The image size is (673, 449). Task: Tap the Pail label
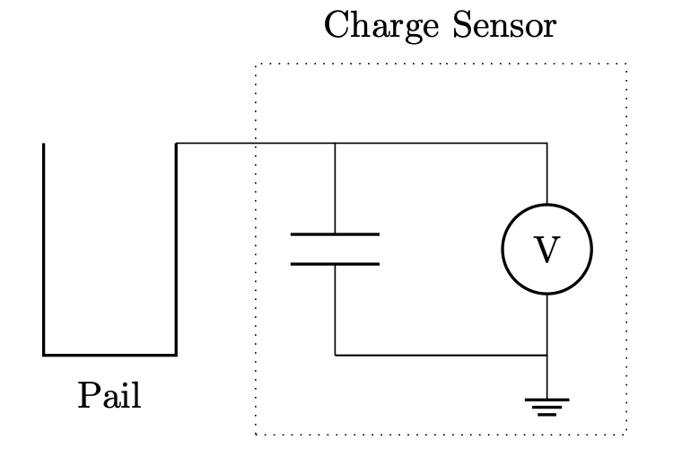[x=109, y=395]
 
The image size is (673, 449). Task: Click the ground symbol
[x=546, y=407]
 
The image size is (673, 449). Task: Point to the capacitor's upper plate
[x=335, y=234]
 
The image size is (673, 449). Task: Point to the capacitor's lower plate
[x=335, y=264]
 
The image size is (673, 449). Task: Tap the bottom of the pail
[x=109, y=355]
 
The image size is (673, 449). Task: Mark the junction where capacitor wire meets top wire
[x=335, y=143]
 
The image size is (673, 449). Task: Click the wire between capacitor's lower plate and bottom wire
[x=335, y=310]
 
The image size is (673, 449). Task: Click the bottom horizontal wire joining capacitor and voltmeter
[x=440, y=355]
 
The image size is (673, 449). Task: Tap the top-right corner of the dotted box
[x=625, y=64]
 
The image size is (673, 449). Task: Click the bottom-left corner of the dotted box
[x=257, y=433]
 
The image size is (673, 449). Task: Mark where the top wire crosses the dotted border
[x=257, y=143]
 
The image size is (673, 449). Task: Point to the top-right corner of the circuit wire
[x=546, y=143]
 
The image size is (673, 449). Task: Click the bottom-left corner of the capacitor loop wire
[x=335, y=355]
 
